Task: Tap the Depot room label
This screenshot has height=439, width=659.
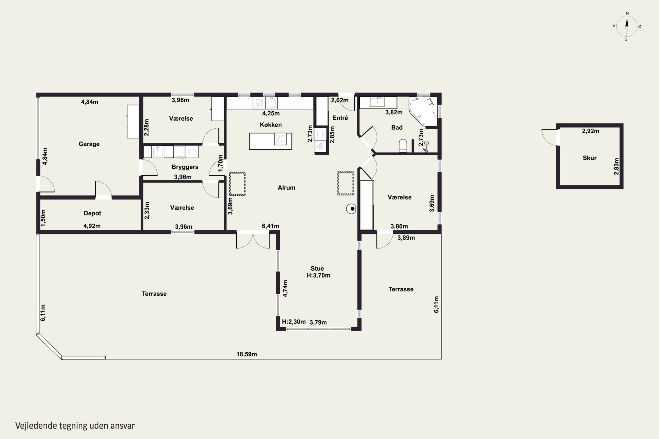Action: click(x=92, y=213)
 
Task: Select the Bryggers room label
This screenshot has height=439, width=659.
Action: click(x=185, y=167)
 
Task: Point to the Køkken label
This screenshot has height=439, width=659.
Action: click(x=271, y=125)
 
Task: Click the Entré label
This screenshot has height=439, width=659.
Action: click(x=340, y=118)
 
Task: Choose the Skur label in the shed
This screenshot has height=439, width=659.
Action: click(x=590, y=158)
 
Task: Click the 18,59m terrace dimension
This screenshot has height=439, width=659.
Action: click(x=246, y=354)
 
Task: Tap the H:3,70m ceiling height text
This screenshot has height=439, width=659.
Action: click(x=318, y=275)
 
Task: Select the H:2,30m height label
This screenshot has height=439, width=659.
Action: click(x=294, y=322)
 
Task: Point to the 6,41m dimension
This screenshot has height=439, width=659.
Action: click(x=270, y=226)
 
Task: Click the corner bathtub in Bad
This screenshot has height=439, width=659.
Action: click(x=423, y=111)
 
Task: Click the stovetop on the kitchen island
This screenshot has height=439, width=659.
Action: click(x=280, y=139)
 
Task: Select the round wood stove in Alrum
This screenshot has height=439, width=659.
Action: click(x=351, y=209)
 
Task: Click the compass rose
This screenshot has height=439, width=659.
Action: click(x=627, y=26)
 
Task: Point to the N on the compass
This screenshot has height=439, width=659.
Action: click(x=627, y=13)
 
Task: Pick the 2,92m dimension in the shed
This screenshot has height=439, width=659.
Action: click(x=591, y=131)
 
